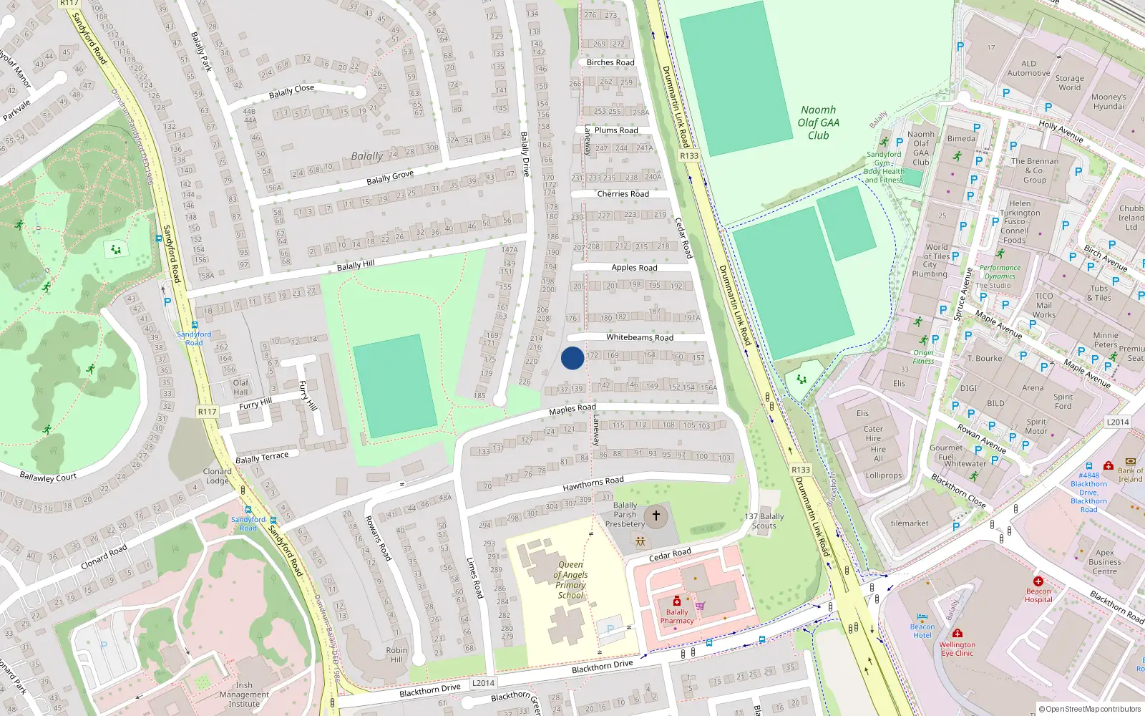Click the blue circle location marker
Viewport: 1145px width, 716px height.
[x=572, y=358]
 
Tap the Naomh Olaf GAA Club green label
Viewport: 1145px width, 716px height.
[x=819, y=122]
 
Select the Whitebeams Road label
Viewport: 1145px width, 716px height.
[x=639, y=337]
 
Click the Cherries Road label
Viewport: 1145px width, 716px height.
[x=623, y=194]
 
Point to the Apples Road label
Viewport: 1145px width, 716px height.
[x=634, y=268]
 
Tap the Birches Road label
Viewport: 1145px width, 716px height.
[x=610, y=62]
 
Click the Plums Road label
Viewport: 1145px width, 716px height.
[x=615, y=130]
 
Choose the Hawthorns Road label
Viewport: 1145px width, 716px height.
[x=593, y=484]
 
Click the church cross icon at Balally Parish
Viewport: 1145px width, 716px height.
[x=656, y=516]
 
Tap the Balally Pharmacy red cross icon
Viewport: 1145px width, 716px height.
[x=677, y=601]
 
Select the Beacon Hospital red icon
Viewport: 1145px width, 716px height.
[x=1038, y=581]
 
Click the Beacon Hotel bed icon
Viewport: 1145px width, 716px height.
[x=922, y=616]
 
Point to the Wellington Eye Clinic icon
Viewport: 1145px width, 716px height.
[x=958, y=634]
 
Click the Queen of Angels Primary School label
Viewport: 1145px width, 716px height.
[x=570, y=580]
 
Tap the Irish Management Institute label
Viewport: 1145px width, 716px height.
[x=244, y=695]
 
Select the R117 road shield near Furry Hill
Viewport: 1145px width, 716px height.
[x=207, y=412]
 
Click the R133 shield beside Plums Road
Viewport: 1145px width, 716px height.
[x=688, y=155]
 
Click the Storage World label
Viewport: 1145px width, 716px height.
[x=1069, y=83]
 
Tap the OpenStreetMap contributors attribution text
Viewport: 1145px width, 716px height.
[x=1090, y=709]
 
